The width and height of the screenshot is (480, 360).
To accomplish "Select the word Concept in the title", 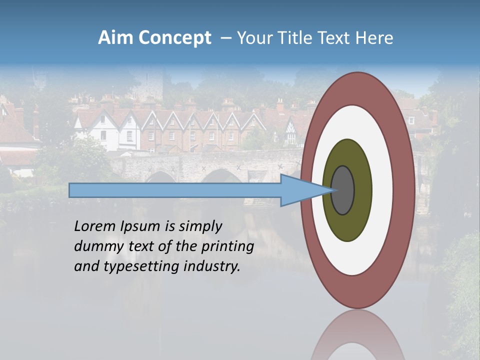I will (175, 38).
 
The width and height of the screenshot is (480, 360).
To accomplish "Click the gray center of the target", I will (343, 190).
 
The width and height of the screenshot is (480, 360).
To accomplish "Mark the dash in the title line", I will (226, 38).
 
